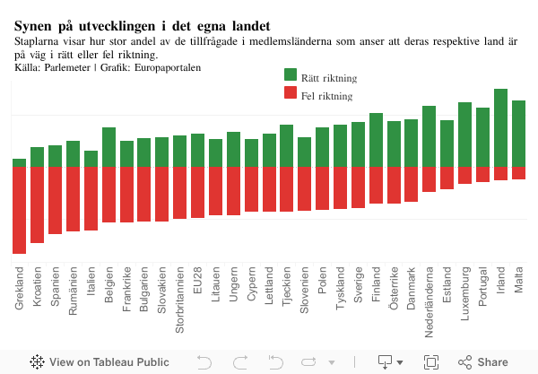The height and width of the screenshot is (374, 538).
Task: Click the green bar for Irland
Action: click(x=500, y=127)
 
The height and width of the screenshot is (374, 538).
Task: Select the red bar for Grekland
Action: click(x=20, y=210)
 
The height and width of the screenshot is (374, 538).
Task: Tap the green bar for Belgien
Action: click(x=108, y=147)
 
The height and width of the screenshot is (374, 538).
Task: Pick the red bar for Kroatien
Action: click(x=37, y=204)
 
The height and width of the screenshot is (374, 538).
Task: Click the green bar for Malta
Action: click(x=518, y=133)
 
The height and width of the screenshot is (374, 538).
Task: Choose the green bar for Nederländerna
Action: click(x=429, y=136)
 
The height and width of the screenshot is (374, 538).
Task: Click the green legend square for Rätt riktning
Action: click(x=291, y=75)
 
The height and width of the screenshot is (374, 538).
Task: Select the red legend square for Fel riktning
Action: click(x=291, y=93)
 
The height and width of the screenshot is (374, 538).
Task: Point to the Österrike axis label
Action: click(x=394, y=289)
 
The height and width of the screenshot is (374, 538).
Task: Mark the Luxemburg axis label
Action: click(x=464, y=292)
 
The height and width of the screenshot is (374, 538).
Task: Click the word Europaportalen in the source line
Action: click(x=168, y=68)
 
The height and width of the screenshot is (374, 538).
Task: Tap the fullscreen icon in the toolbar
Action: click(x=431, y=362)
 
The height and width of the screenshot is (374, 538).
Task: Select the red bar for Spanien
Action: click(x=55, y=200)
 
